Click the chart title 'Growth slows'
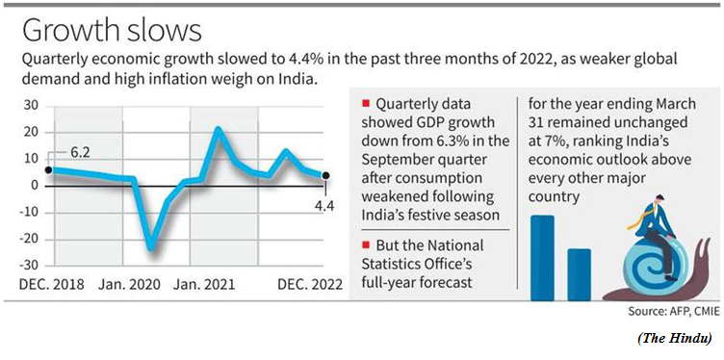click(112, 33)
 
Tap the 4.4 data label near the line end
click(323, 205)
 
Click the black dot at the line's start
click(49, 169)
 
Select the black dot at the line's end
click(325, 175)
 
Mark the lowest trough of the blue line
click(150, 248)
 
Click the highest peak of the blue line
click(218, 129)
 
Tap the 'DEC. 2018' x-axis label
click(52, 284)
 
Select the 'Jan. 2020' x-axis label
click(129, 284)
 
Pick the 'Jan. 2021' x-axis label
click(204, 284)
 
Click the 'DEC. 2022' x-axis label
click(310, 284)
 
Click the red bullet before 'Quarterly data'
click(367, 104)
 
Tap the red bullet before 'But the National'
click(367, 244)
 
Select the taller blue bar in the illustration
click(543, 258)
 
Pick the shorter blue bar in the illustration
click(579, 275)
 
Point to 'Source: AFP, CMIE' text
click(674, 312)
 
